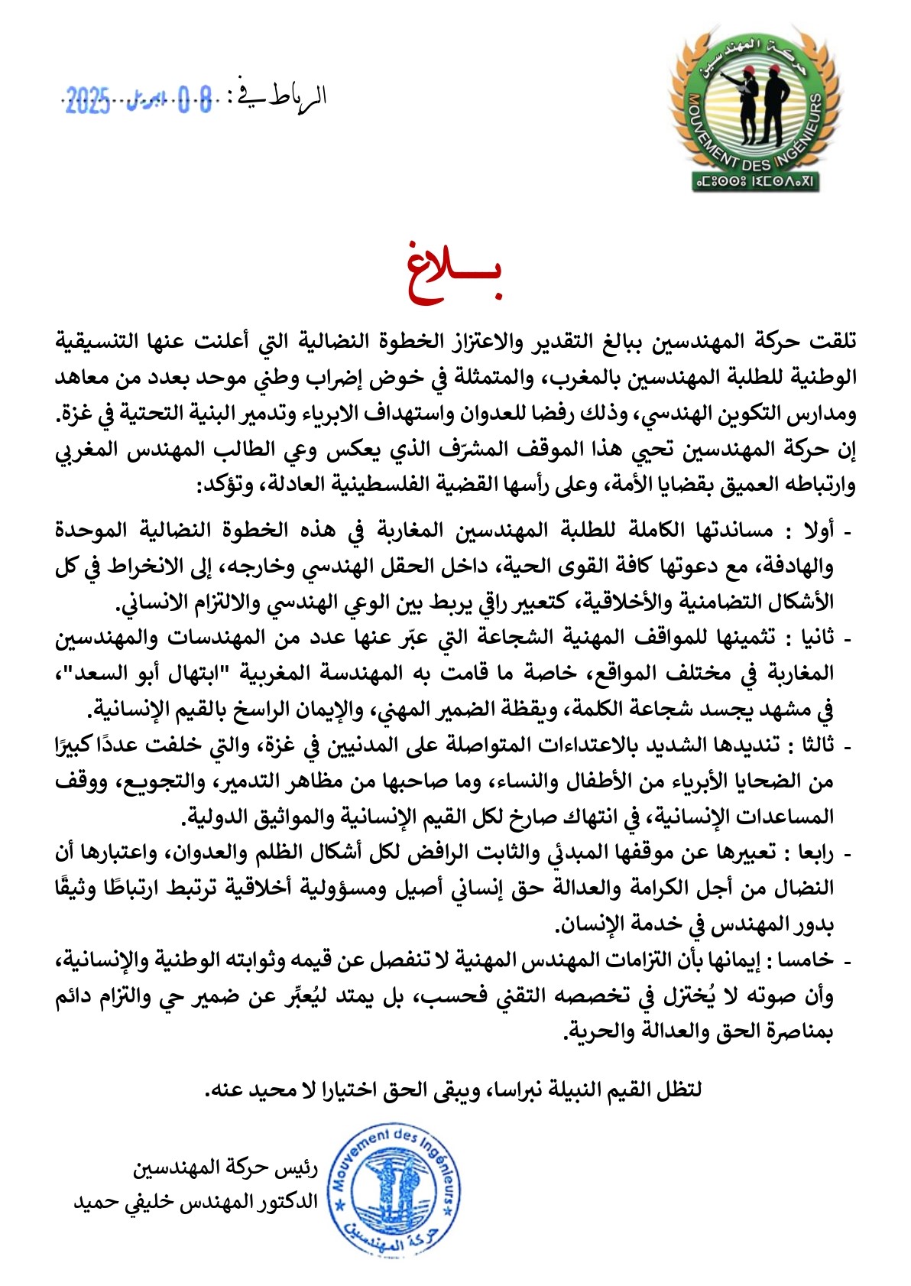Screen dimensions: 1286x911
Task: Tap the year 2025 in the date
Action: (x=87, y=100)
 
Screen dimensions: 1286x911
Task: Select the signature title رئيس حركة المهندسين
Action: (x=225, y=1168)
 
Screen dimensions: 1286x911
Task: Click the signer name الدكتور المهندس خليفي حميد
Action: (x=196, y=1202)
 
